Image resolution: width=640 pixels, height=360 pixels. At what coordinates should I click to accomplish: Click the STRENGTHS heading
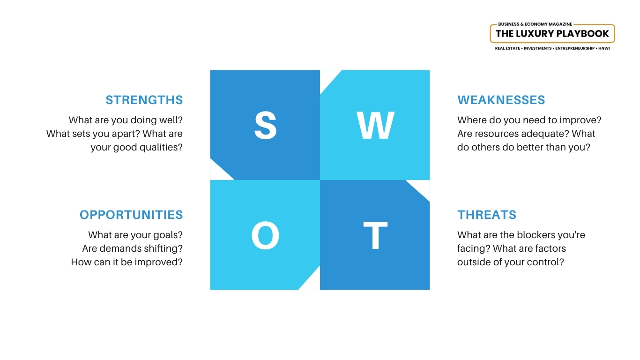(x=144, y=100)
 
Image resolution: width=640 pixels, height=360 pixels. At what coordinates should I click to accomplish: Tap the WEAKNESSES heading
(x=501, y=100)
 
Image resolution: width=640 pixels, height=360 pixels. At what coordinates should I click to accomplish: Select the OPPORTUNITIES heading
(x=131, y=215)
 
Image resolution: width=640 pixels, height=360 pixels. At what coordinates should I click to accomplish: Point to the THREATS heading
(x=486, y=215)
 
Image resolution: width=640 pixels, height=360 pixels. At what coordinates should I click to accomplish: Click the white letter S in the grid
(x=265, y=125)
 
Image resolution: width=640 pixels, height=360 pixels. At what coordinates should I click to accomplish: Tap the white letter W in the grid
(x=375, y=125)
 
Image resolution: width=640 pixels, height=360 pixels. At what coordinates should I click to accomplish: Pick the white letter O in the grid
(x=265, y=235)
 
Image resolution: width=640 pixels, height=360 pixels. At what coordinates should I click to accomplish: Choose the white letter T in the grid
(x=375, y=235)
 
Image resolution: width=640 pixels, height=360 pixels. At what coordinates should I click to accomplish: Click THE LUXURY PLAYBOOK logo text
(x=552, y=34)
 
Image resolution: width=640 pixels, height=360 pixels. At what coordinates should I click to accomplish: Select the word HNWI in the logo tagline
(x=604, y=48)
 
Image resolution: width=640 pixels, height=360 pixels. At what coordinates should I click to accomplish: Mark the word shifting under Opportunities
(x=164, y=248)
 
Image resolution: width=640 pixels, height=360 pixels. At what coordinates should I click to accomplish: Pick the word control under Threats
(x=547, y=262)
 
